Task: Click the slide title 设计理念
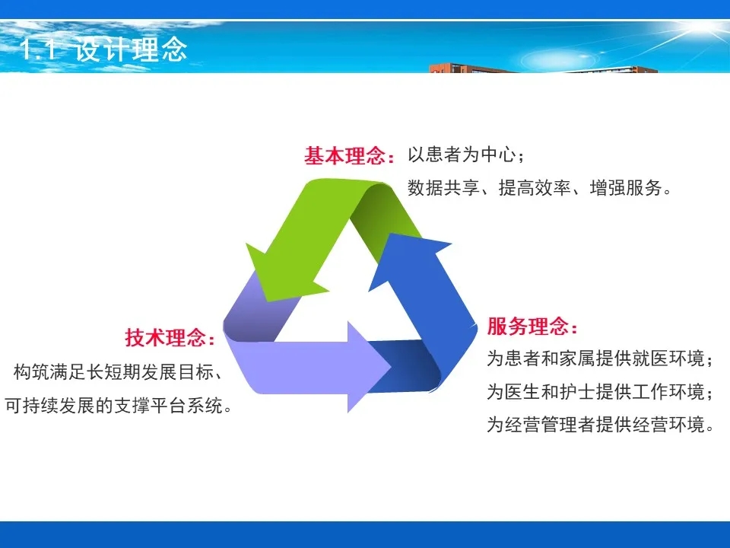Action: (131, 49)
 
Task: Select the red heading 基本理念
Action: (344, 155)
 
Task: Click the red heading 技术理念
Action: (165, 337)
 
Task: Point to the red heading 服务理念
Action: (528, 326)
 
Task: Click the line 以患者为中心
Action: (462, 155)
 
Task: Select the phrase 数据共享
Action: (443, 187)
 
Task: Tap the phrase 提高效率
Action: (535, 187)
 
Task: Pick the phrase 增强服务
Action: (626, 187)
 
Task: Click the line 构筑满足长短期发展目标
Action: (113, 372)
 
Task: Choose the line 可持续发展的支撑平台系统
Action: (114, 406)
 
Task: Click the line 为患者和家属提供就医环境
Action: (595, 358)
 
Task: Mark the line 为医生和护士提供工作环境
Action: (595, 391)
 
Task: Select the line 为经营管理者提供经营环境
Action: (595, 425)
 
